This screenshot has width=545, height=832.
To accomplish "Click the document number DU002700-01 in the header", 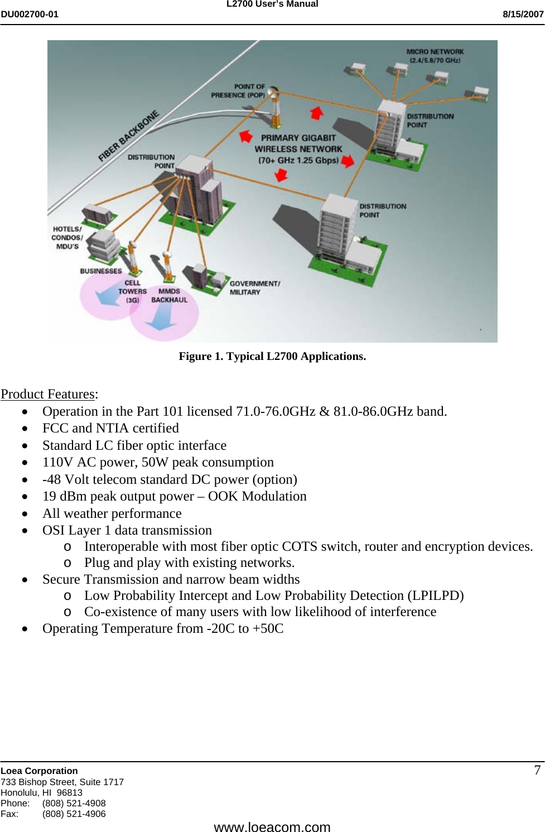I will (x=30, y=15).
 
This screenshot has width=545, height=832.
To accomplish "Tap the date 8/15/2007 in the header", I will (x=523, y=15).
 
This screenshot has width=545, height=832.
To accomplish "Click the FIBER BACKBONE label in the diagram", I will (x=128, y=136).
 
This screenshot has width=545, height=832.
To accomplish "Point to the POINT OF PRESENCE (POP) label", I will (x=238, y=91).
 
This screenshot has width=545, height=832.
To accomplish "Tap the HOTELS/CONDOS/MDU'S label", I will (x=66, y=237).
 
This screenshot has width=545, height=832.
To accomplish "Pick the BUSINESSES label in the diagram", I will (x=100, y=271).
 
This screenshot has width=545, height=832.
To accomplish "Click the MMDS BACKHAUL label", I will (x=169, y=295).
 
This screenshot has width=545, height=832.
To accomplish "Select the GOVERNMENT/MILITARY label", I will (x=254, y=287).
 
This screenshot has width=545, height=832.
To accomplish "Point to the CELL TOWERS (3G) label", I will (x=132, y=291).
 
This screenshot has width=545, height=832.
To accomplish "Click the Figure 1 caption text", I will (x=272, y=356).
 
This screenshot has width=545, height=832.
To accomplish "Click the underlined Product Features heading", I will (x=48, y=394).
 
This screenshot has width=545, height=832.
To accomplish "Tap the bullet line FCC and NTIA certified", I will (x=110, y=428).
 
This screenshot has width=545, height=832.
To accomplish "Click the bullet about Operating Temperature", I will (x=163, y=628).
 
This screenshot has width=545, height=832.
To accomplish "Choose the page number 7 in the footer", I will (x=537, y=770).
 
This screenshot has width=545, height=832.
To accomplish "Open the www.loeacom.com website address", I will (x=272, y=826).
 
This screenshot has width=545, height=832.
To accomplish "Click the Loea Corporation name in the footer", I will (x=39, y=771).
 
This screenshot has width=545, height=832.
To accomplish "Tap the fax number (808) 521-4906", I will (x=74, y=814).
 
